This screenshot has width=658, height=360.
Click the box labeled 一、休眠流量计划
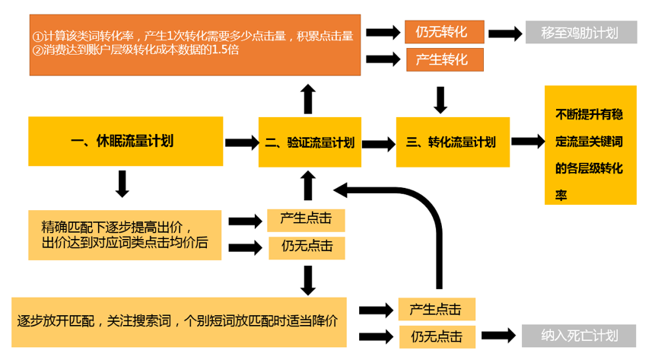point(126,142)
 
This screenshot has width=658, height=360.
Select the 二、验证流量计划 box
point(309,142)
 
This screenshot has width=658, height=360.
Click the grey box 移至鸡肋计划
point(580,33)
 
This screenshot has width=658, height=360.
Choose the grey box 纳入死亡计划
point(580,336)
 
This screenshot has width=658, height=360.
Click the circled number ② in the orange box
point(38,50)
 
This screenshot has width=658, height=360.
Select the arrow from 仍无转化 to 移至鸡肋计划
point(506,33)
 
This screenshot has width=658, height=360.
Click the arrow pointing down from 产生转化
point(440,99)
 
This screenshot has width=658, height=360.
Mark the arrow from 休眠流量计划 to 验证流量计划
point(241,142)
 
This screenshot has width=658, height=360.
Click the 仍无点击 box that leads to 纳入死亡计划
point(436,336)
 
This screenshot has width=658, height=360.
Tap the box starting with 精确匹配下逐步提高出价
point(125,236)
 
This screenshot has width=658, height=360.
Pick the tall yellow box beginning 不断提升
point(590,145)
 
